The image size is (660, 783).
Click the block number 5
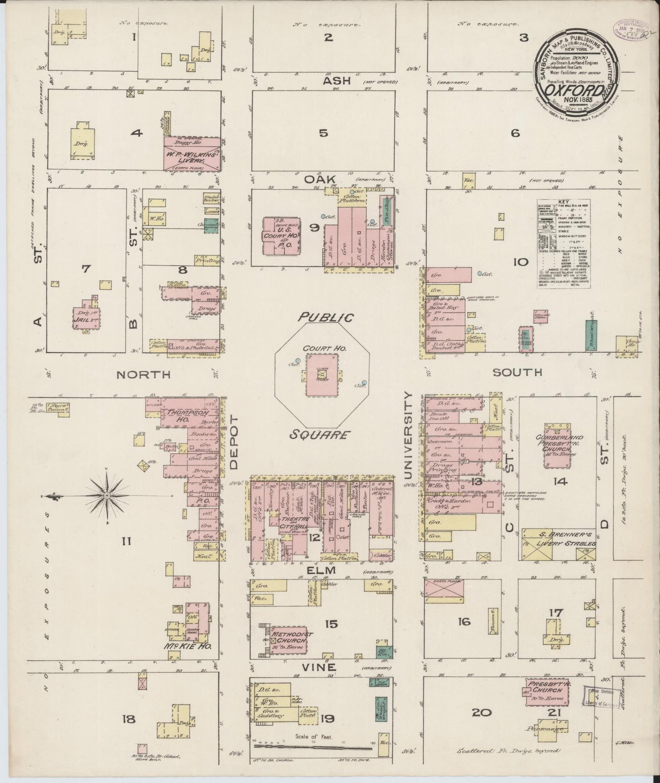323,133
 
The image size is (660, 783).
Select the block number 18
129,719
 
